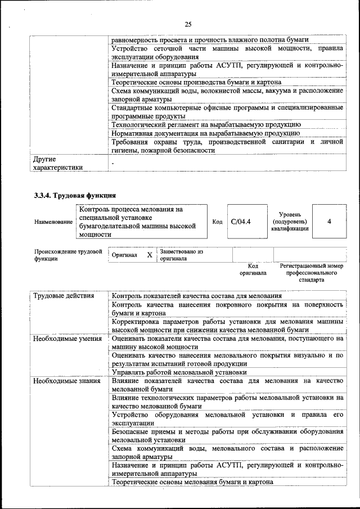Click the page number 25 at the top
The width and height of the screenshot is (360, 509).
(x=188, y=24)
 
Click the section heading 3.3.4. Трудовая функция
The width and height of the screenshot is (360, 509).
(x=75, y=196)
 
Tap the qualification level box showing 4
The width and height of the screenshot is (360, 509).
(x=329, y=222)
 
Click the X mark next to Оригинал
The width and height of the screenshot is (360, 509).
(x=150, y=255)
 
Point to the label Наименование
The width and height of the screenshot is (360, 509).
(x=53, y=222)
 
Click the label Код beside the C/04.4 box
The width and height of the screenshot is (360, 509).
(x=217, y=222)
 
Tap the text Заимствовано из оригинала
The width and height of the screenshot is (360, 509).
(x=181, y=255)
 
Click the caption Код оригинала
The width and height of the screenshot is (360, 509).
(x=253, y=269)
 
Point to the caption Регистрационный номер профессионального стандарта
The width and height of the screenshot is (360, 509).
(x=311, y=272)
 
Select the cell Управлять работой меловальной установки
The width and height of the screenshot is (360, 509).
(x=179, y=372)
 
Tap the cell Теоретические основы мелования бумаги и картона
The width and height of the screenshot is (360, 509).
(x=192, y=482)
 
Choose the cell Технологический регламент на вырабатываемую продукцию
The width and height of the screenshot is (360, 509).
(x=206, y=124)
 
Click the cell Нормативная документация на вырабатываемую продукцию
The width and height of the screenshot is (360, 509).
(x=205, y=133)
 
